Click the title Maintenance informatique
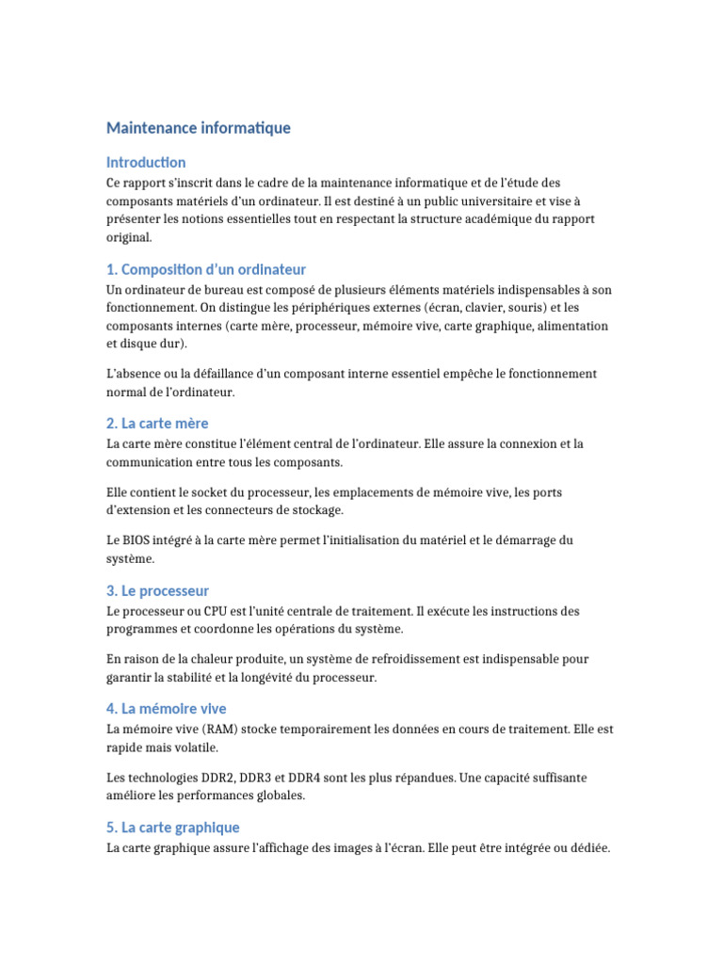pyautogui.click(x=199, y=127)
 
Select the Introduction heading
pyautogui.click(x=146, y=162)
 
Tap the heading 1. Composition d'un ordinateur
pyautogui.click(x=206, y=269)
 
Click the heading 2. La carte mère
pyautogui.click(x=157, y=424)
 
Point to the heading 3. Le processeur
pyautogui.click(x=157, y=591)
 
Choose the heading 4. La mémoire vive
pyautogui.click(x=167, y=709)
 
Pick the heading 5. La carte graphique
pyautogui.click(x=173, y=827)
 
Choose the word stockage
pyautogui.click(x=318, y=510)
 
